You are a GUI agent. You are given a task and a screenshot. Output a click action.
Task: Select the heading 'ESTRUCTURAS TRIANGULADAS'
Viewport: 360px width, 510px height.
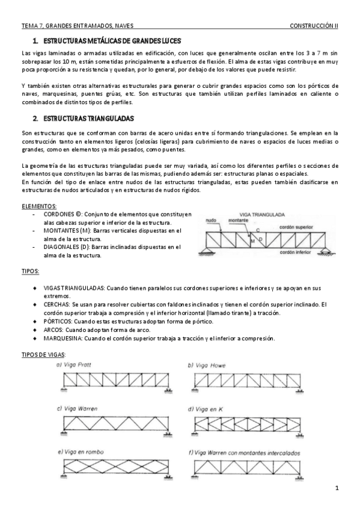coord(88,118)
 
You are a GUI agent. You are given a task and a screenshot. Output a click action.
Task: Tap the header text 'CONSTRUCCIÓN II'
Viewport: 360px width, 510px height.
coord(314,26)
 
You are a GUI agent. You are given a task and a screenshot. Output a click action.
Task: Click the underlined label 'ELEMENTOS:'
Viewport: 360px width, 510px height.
coord(39,206)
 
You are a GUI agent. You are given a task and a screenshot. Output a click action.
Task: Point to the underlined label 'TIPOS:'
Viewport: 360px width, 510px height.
coord(31,271)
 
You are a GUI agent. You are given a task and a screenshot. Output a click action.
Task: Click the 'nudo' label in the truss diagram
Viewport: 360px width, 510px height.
coord(210,220)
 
